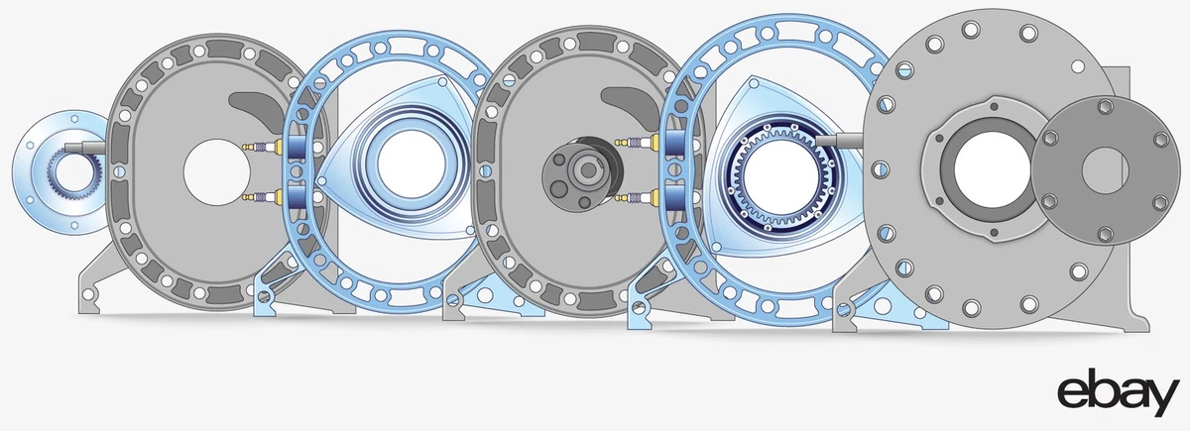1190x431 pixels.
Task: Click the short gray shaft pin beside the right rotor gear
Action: click(843, 139)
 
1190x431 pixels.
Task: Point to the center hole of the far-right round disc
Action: click(1098, 170)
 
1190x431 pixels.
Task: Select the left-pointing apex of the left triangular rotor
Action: click(322, 181)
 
